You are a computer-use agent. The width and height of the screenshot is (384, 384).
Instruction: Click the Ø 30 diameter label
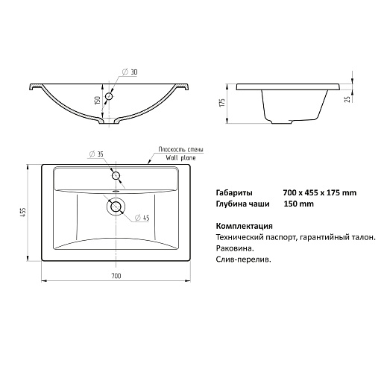click(x=130, y=72)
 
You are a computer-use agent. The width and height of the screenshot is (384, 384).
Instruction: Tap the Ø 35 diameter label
click(x=96, y=154)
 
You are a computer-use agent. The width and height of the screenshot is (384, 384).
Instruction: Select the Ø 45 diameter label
click(x=142, y=218)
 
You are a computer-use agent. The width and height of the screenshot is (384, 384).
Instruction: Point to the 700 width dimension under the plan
click(x=116, y=276)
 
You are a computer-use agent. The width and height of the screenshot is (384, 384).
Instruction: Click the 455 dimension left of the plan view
click(x=22, y=213)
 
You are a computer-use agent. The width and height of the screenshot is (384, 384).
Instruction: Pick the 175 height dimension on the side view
click(x=222, y=103)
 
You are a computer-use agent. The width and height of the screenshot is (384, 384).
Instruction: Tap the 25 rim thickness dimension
click(x=348, y=98)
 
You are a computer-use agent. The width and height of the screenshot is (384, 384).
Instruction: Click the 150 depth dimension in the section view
click(x=98, y=100)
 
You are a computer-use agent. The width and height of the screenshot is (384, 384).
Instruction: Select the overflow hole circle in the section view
click(x=109, y=96)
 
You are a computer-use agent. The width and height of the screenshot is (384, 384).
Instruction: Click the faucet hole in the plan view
click(x=116, y=176)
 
